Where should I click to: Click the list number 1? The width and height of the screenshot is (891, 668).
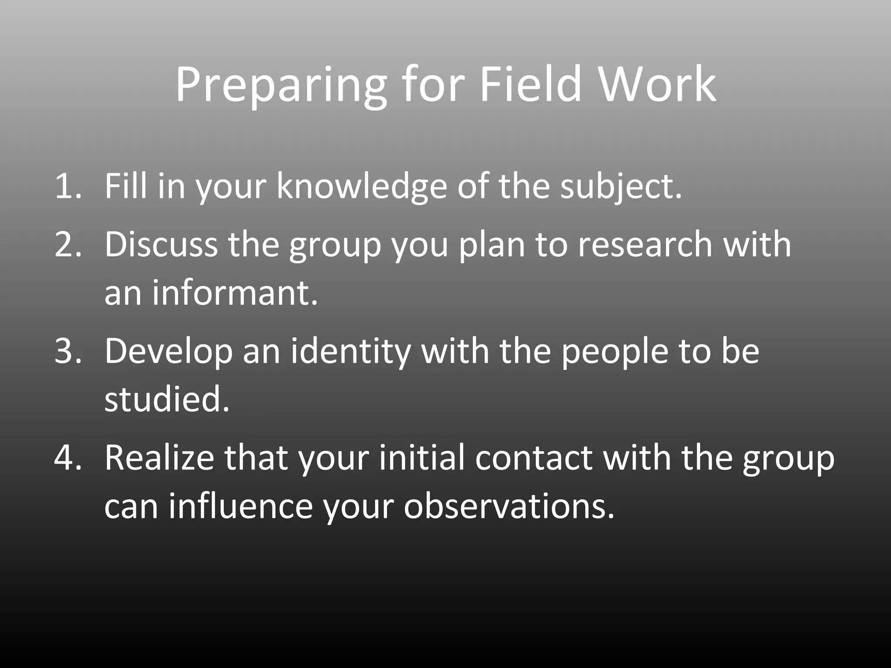coord(67,186)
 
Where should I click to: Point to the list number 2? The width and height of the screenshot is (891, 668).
coord(67,244)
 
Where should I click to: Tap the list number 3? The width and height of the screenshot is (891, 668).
coord(67,351)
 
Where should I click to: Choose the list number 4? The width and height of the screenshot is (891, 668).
coord(67,458)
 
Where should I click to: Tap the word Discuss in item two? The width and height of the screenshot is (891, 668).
coord(161,244)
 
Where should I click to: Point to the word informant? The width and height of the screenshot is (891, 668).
coord(235,293)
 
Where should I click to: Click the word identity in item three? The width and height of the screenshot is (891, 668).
coord(351,351)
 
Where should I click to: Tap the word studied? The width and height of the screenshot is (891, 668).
coord(166,399)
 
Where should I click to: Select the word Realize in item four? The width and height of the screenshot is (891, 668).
coord(159,458)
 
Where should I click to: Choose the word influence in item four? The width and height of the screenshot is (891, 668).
coord(241,506)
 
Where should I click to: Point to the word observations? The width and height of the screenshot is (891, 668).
coord(509,506)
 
